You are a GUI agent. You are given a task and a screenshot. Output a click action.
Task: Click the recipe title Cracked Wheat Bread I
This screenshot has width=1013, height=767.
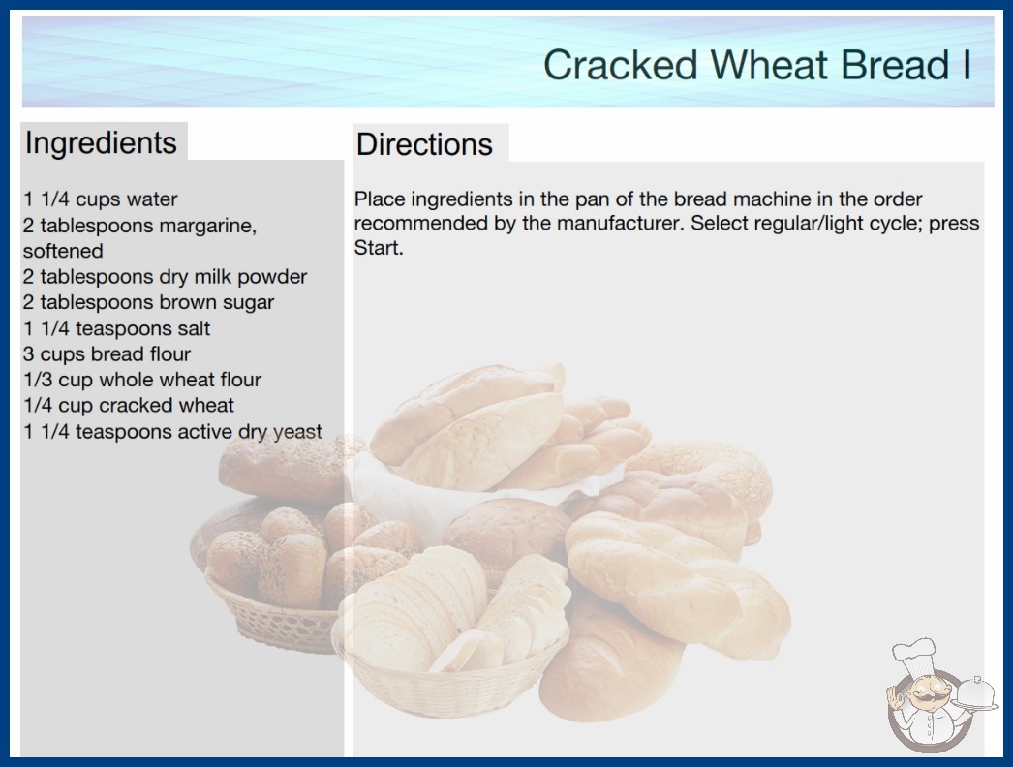tap(757, 65)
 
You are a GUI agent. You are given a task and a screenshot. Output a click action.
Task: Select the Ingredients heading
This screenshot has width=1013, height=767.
tap(101, 142)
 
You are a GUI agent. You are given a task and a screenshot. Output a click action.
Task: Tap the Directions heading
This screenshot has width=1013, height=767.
tap(424, 144)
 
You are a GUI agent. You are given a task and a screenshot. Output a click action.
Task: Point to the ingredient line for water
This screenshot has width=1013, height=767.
tap(100, 199)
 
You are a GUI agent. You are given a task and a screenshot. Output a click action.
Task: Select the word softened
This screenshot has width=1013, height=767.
tap(63, 251)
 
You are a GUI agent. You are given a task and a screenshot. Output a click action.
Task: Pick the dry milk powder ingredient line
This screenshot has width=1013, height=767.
tap(165, 277)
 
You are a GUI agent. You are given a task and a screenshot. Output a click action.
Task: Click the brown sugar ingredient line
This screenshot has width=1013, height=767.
tap(148, 302)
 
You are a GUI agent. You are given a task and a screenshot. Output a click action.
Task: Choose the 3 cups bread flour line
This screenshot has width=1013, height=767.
tap(107, 354)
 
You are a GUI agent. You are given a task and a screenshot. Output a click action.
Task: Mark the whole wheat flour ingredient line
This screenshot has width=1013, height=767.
tap(142, 380)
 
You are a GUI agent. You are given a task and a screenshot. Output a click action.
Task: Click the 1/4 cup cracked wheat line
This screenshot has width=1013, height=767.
tap(129, 405)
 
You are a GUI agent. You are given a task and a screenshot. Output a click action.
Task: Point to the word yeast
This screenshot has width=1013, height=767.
tap(297, 432)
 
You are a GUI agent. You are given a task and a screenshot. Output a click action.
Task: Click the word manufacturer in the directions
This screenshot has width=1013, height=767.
tap(619, 223)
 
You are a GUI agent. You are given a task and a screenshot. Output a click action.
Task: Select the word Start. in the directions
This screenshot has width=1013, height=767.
tap(379, 248)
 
